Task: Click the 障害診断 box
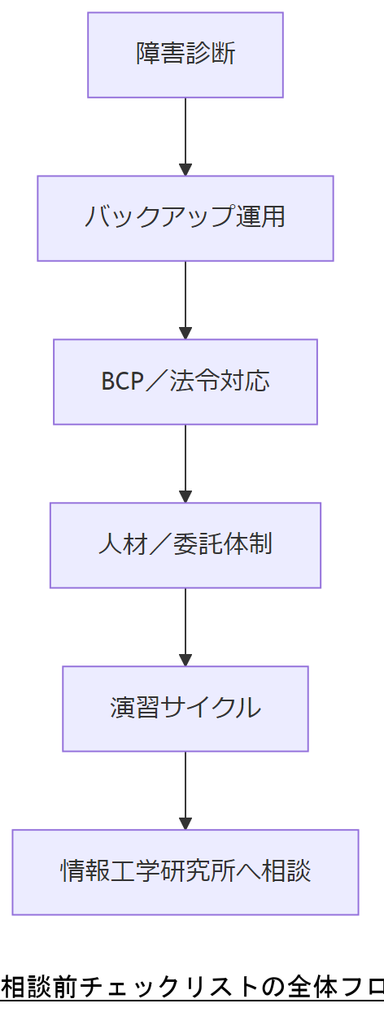coord(185,55)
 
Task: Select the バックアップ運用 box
coord(185,218)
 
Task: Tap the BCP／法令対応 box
coord(185,382)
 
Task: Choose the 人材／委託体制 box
coord(185,545)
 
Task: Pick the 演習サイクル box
coord(185,709)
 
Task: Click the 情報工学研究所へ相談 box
coord(185,872)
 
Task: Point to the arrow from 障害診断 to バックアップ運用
coord(185,136)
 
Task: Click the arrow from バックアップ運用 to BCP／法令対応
coord(185,299)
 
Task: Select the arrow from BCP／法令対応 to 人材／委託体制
coord(185,463)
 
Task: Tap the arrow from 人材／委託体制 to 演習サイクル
coord(185,626)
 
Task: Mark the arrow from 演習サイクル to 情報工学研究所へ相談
coord(185,790)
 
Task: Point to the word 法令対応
coord(220,382)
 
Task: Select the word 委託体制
coord(222,545)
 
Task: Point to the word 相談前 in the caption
coord(36,988)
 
